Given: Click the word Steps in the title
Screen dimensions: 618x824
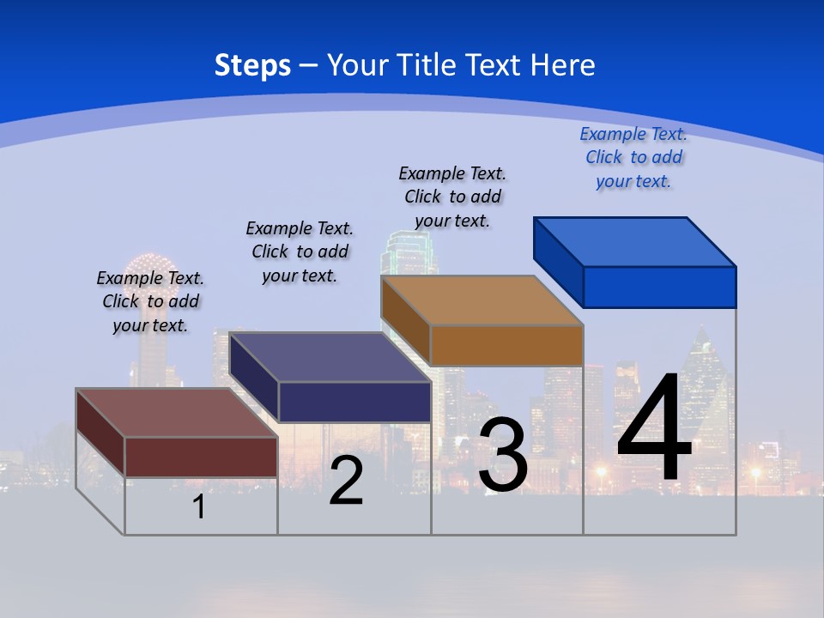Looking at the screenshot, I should tap(252, 65).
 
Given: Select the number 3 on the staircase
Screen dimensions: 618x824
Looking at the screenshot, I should tap(503, 455).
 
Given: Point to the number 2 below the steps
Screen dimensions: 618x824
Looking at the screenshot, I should tap(346, 481).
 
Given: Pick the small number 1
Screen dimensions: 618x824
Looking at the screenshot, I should tap(199, 506).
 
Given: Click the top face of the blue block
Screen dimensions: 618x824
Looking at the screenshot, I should tap(635, 242).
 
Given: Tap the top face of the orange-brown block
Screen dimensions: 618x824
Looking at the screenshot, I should tap(482, 300).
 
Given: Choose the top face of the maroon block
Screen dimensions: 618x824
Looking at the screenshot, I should tap(178, 413).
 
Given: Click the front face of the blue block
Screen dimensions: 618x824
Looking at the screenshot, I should tap(659, 287).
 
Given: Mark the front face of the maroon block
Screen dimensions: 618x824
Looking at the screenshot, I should tap(201, 457).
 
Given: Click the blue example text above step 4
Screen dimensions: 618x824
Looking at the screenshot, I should tap(633, 158).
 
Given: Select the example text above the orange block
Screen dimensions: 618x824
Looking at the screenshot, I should tap(452, 197).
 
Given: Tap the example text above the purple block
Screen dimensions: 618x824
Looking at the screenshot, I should tap(300, 251).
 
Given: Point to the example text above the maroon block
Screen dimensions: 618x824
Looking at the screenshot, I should tap(150, 301).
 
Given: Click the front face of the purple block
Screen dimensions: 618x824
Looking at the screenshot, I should tap(354, 402).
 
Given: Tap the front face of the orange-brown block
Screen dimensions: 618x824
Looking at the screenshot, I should tap(506, 345).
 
